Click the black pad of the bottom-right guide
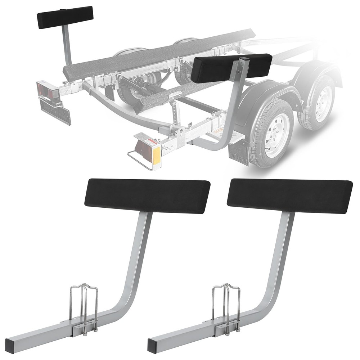pos(290,196)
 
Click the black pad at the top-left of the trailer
pos(65,17)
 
